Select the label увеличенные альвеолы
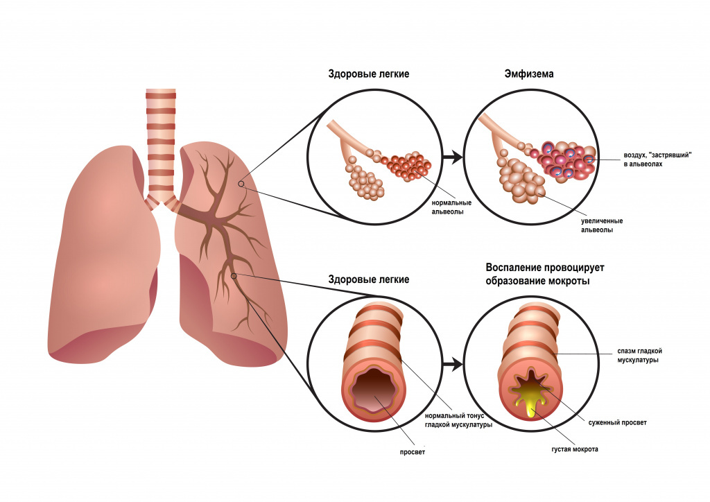(597, 225)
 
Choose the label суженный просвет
(622, 422)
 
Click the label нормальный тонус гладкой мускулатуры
(458, 420)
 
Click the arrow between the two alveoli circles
(452, 158)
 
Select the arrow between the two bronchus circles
(452, 364)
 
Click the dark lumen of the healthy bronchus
(375, 392)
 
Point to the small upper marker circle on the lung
(241, 184)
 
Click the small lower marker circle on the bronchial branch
(234, 276)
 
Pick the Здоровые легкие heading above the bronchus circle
(369, 279)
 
